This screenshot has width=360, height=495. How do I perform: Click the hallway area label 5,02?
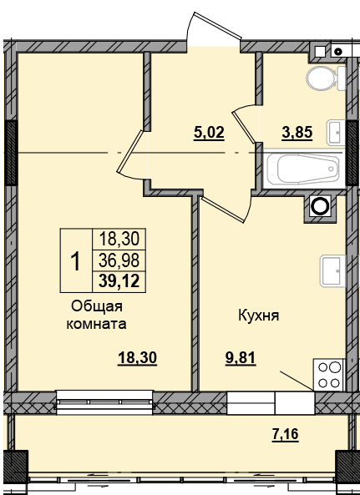point(209,133)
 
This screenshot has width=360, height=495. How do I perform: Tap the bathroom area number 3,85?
point(297,133)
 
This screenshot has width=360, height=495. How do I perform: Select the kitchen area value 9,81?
point(241,358)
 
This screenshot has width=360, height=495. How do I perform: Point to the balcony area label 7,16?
point(285,434)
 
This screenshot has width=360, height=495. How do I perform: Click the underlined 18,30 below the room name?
point(137,358)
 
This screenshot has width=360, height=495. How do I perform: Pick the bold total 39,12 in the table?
point(119,281)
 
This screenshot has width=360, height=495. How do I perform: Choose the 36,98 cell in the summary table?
point(119,260)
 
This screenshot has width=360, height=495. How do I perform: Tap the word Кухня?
point(259,316)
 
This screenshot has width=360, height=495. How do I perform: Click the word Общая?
point(97,306)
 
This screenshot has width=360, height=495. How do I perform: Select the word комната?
point(96,324)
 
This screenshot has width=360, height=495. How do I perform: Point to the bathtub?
point(303,169)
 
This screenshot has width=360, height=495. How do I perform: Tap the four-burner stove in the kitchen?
point(329,375)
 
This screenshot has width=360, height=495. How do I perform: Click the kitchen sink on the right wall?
point(333,271)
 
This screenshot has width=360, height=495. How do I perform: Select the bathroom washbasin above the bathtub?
point(337,132)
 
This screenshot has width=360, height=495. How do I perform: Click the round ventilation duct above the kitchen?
point(320,206)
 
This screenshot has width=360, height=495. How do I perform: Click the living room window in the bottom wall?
point(104,402)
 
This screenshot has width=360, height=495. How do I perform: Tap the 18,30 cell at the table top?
point(119,239)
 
